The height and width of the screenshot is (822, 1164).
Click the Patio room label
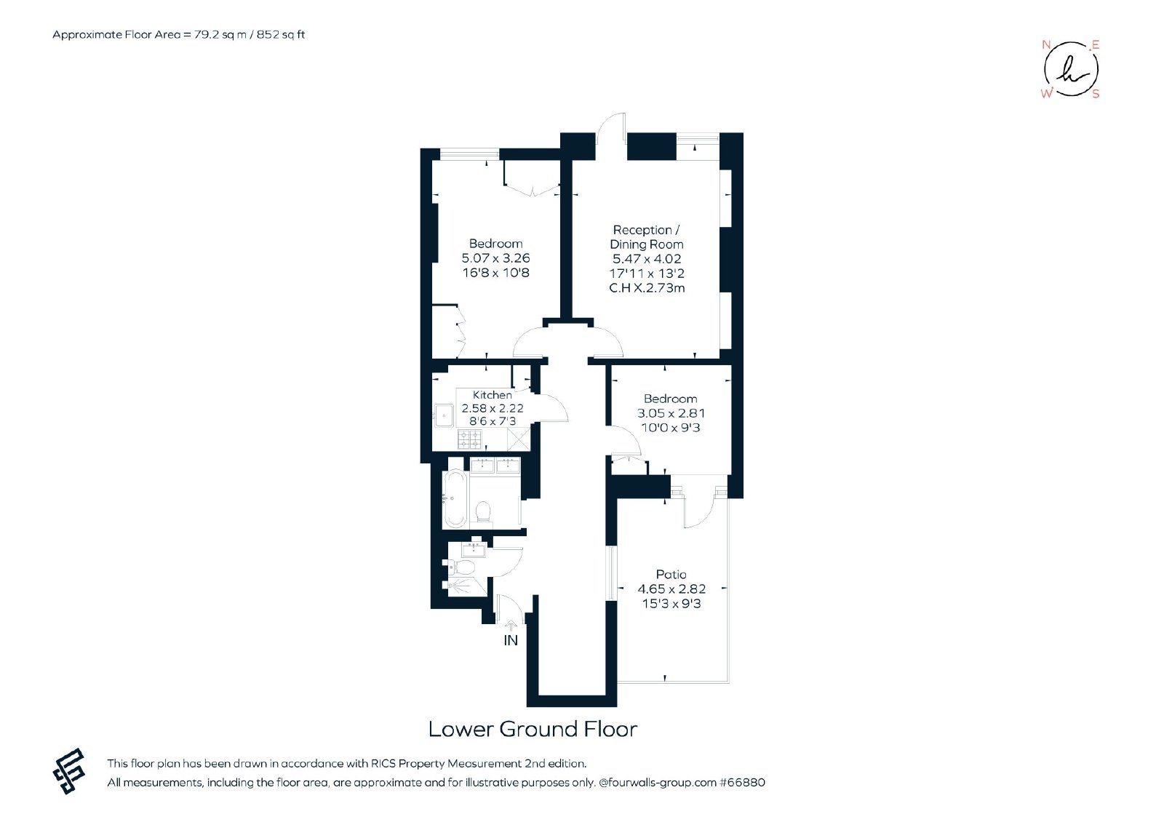[671, 574]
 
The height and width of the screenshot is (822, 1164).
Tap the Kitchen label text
[492, 395]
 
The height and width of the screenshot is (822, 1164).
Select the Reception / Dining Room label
[647, 237]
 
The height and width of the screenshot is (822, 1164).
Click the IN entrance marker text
[511, 641]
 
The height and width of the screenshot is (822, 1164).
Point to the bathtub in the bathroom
[455, 499]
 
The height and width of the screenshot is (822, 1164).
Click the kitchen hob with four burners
[469, 439]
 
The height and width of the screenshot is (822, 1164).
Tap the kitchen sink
[444, 415]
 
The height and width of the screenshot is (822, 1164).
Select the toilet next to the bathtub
[483, 512]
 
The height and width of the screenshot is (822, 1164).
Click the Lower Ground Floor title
[533, 729]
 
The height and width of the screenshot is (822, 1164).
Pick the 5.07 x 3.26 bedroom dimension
[495, 258]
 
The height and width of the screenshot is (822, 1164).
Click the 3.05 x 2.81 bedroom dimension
[671, 414]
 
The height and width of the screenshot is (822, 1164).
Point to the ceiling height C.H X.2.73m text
[647, 288]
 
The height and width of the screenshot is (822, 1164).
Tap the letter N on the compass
[1046, 44]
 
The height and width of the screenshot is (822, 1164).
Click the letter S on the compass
[1096, 94]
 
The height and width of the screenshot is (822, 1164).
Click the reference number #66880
[742, 783]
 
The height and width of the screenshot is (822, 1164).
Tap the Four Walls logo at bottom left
[69, 771]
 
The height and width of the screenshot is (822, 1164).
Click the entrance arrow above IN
[511, 626]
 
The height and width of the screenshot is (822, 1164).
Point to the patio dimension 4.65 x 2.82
[671, 589]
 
